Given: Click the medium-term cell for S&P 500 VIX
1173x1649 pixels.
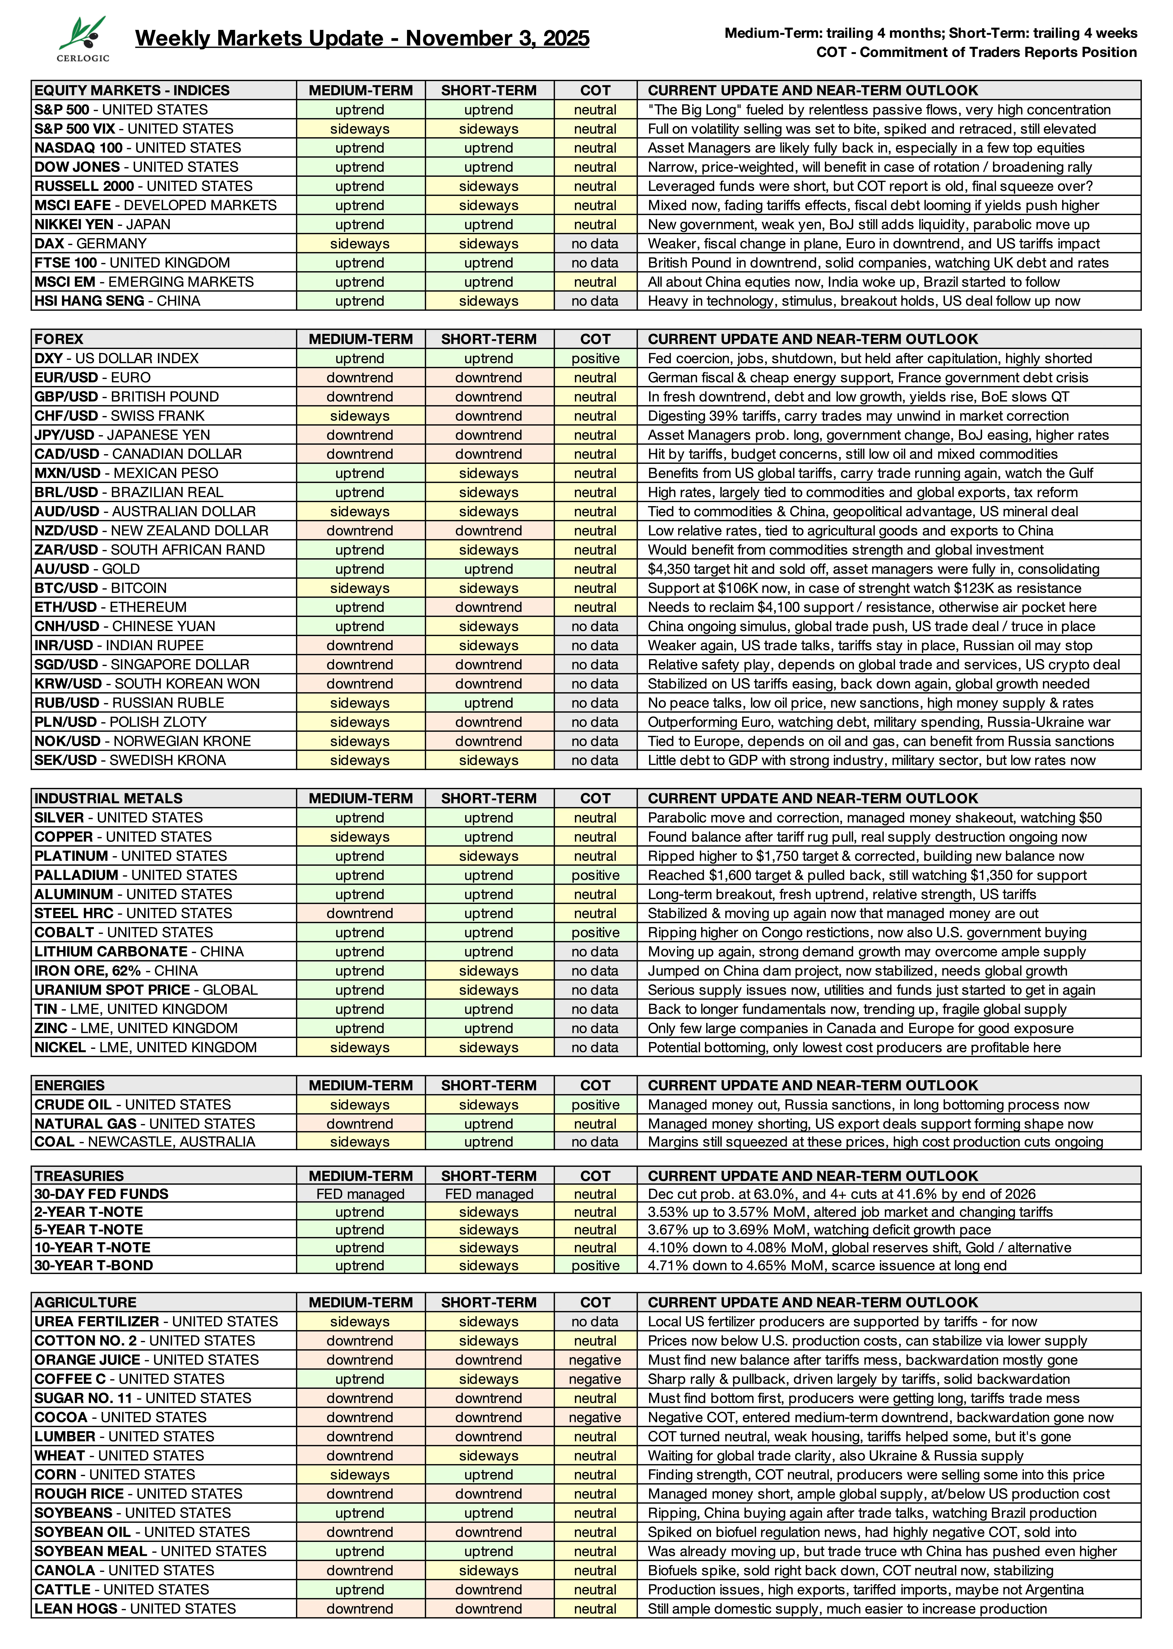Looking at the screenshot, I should tap(360, 129).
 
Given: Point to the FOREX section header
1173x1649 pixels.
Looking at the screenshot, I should tap(59, 339).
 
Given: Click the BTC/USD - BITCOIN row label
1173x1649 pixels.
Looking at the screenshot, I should tap(100, 588).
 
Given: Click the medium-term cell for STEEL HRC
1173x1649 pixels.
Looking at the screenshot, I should tap(360, 913).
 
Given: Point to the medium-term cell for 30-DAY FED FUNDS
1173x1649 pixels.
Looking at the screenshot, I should tap(360, 1194).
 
